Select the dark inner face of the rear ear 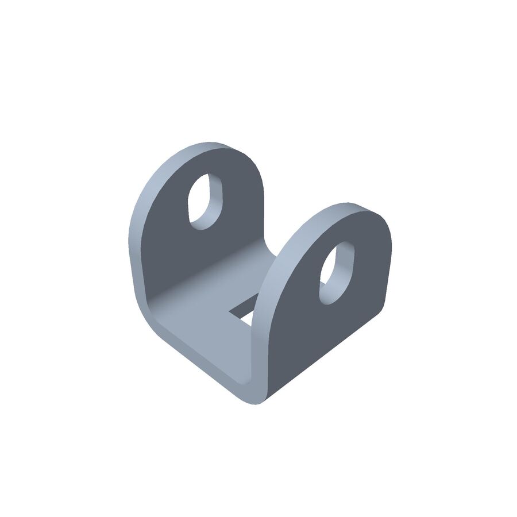coord(172,241)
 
